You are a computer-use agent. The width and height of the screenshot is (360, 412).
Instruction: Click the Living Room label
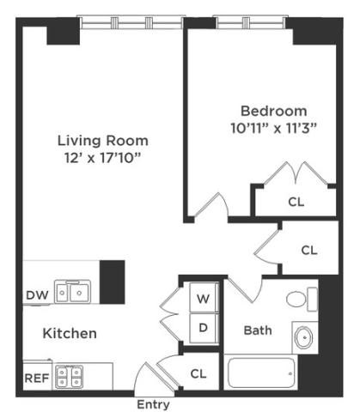(x=103, y=141)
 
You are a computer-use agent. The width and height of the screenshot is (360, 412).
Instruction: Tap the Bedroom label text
(x=273, y=111)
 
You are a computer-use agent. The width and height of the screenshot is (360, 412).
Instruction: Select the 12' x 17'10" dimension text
(x=103, y=158)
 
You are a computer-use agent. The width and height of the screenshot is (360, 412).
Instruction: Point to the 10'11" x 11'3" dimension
(x=273, y=128)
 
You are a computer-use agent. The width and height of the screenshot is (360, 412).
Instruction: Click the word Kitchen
(x=70, y=333)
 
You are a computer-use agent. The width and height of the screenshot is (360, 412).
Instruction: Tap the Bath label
(x=258, y=330)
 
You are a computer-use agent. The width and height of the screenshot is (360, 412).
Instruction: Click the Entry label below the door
(x=153, y=404)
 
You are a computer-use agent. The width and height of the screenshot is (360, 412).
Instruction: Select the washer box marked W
(x=203, y=297)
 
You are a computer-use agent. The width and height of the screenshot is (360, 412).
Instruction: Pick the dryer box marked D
(x=203, y=328)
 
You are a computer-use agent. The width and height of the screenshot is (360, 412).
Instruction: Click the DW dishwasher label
(x=37, y=295)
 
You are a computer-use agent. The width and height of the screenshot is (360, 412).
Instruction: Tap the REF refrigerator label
(x=37, y=379)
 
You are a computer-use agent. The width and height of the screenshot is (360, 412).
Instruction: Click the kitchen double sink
(x=73, y=292)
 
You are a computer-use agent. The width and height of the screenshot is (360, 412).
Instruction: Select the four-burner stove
(x=69, y=377)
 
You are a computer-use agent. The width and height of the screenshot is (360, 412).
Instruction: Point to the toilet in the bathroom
(x=302, y=300)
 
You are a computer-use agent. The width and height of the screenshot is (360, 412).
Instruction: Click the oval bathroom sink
(x=304, y=337)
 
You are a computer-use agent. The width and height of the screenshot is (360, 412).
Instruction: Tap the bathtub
(x=261, y=373)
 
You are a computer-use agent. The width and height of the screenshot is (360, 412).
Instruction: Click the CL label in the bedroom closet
(x=296, y=202)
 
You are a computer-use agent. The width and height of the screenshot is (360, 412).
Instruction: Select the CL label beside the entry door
(x=198, y=373)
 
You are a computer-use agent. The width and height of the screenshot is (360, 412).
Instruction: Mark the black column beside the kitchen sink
(x=112, y=282)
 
